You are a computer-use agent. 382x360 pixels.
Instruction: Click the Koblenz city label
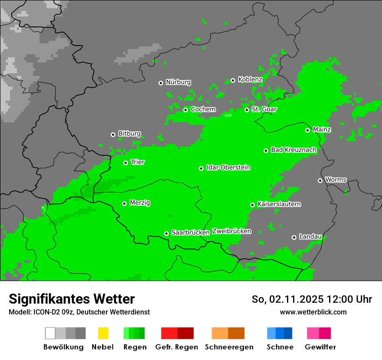click(250, 79)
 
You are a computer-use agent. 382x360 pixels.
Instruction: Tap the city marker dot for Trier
click(125, 163)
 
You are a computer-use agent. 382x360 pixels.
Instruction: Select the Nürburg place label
click(178, 82)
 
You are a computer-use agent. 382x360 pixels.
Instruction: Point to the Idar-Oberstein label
click(228, 167)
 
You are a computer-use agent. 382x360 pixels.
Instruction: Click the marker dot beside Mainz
click(307, 130)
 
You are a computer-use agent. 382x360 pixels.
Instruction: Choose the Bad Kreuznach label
click(293, 150)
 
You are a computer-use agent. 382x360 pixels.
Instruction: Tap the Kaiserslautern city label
click(279, 204)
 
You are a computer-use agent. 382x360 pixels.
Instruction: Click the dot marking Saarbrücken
click(166, 233)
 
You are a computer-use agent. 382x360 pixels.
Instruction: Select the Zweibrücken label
click(231, 231)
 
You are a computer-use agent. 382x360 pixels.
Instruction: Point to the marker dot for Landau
click(294, 237)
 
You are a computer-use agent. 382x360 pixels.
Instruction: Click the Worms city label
click(336, 180)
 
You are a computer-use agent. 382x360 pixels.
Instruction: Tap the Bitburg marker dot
click(113, 134)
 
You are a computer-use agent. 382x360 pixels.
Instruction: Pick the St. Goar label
click(264, 109)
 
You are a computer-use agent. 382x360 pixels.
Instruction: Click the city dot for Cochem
click(185, 110)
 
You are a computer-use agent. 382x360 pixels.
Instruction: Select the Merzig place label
click(140, 203)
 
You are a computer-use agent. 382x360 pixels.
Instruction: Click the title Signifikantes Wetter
click(72, 299)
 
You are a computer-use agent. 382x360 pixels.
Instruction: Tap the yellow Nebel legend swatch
click(103, 333)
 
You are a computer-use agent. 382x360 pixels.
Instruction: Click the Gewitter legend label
click(320, 347)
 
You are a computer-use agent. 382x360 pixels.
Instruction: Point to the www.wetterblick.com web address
click(313, 312)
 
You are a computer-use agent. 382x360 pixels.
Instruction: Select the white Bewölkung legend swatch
click(50, 333)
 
